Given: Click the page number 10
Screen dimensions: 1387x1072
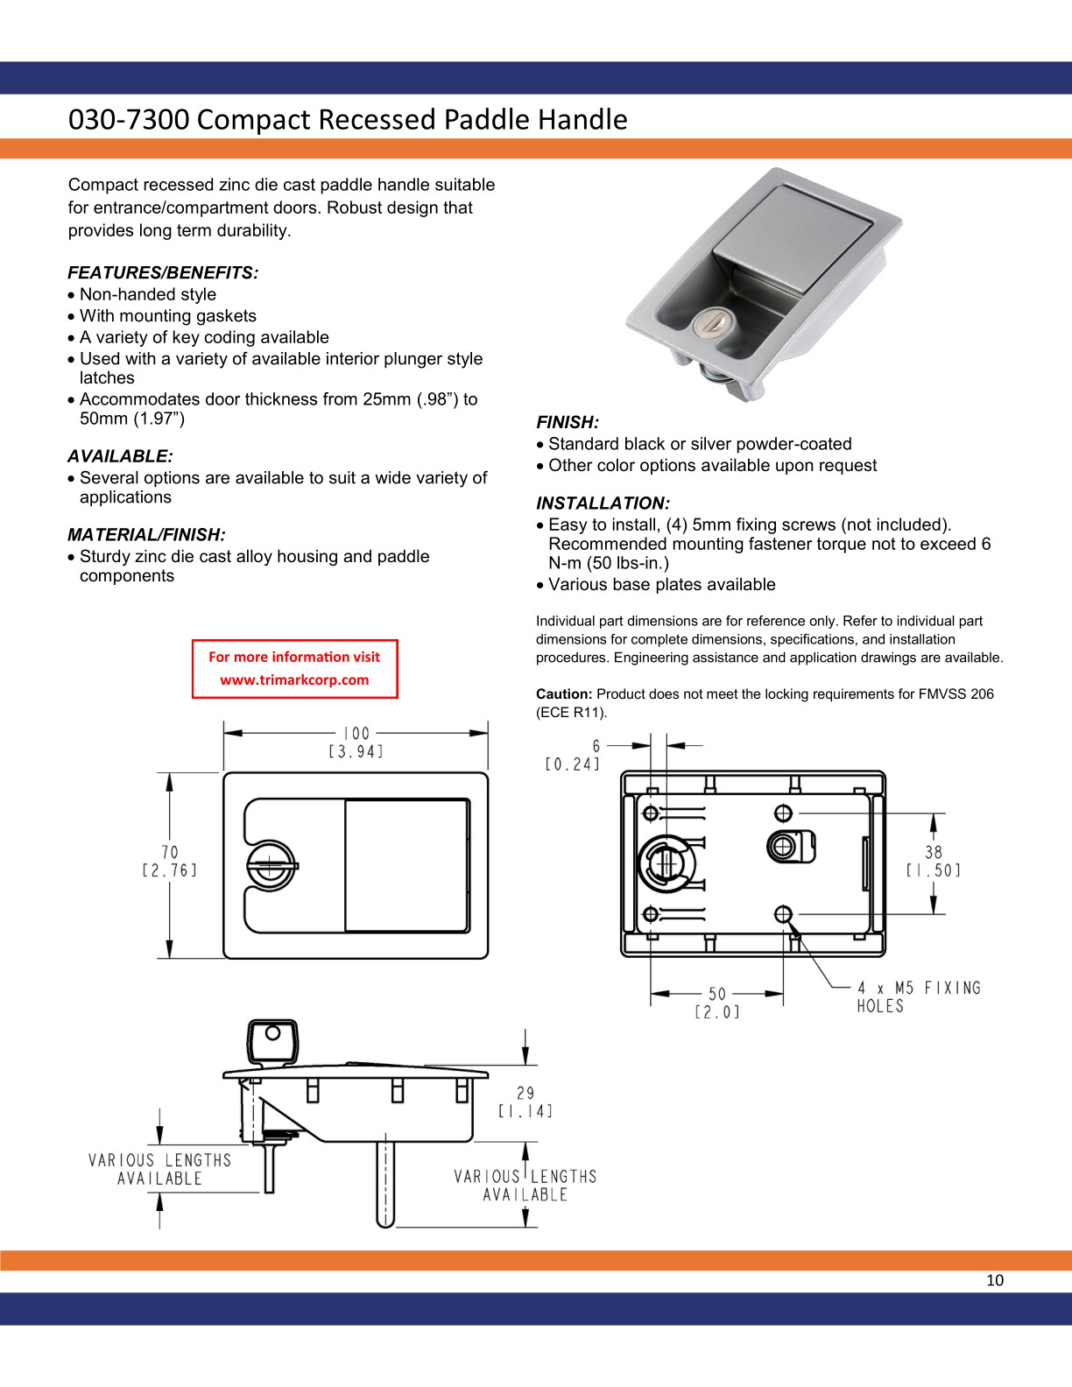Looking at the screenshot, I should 995,1280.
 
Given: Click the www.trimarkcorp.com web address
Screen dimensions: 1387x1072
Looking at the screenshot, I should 294,679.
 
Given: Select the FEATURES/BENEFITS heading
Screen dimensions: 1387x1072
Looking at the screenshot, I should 163,272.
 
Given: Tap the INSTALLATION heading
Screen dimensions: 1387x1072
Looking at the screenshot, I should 603,503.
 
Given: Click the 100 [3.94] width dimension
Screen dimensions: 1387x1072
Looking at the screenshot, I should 356,742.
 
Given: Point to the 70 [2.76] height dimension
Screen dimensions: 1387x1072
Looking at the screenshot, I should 169,861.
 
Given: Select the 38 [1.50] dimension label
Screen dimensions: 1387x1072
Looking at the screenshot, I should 934,861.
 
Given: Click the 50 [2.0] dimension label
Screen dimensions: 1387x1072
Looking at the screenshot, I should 717,1003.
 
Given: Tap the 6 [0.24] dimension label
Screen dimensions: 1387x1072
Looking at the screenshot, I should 574,755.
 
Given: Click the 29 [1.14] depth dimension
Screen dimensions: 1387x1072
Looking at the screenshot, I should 525,1102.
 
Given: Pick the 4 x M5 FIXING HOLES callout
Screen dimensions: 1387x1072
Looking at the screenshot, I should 918,997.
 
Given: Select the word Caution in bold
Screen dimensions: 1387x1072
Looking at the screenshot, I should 564,693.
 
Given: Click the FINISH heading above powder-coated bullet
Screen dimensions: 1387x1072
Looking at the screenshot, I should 568,422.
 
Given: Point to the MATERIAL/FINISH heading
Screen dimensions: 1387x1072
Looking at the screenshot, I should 146,535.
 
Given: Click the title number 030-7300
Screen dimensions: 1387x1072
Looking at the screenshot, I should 128,119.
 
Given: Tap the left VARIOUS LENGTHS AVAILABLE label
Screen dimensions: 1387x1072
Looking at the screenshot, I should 159,1169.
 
